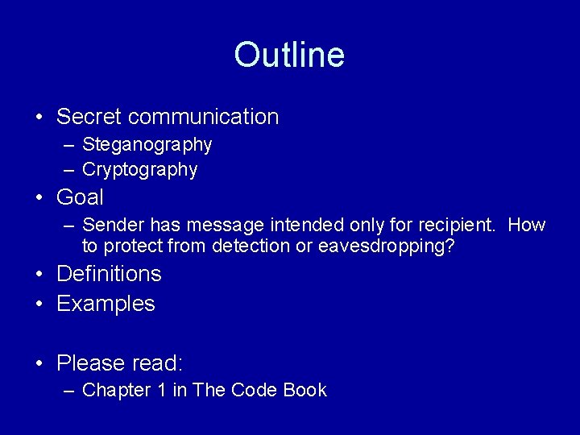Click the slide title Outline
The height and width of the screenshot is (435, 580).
[289, 55]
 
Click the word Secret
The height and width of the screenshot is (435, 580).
[89, 117]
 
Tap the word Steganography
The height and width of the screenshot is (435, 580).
[147, 145]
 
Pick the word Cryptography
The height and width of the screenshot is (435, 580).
[140, 170]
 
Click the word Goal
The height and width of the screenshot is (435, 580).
[80, 197]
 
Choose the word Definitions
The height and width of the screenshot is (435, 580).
[109, 274]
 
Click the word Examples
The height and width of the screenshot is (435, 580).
[106, 304]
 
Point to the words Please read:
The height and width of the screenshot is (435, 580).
[120, 364]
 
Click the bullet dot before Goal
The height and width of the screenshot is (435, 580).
[39, 197]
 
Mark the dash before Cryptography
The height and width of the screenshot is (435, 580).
[68, 170]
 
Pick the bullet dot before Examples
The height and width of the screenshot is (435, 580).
[39, 304]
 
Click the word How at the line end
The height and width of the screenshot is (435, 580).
[527, 226]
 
